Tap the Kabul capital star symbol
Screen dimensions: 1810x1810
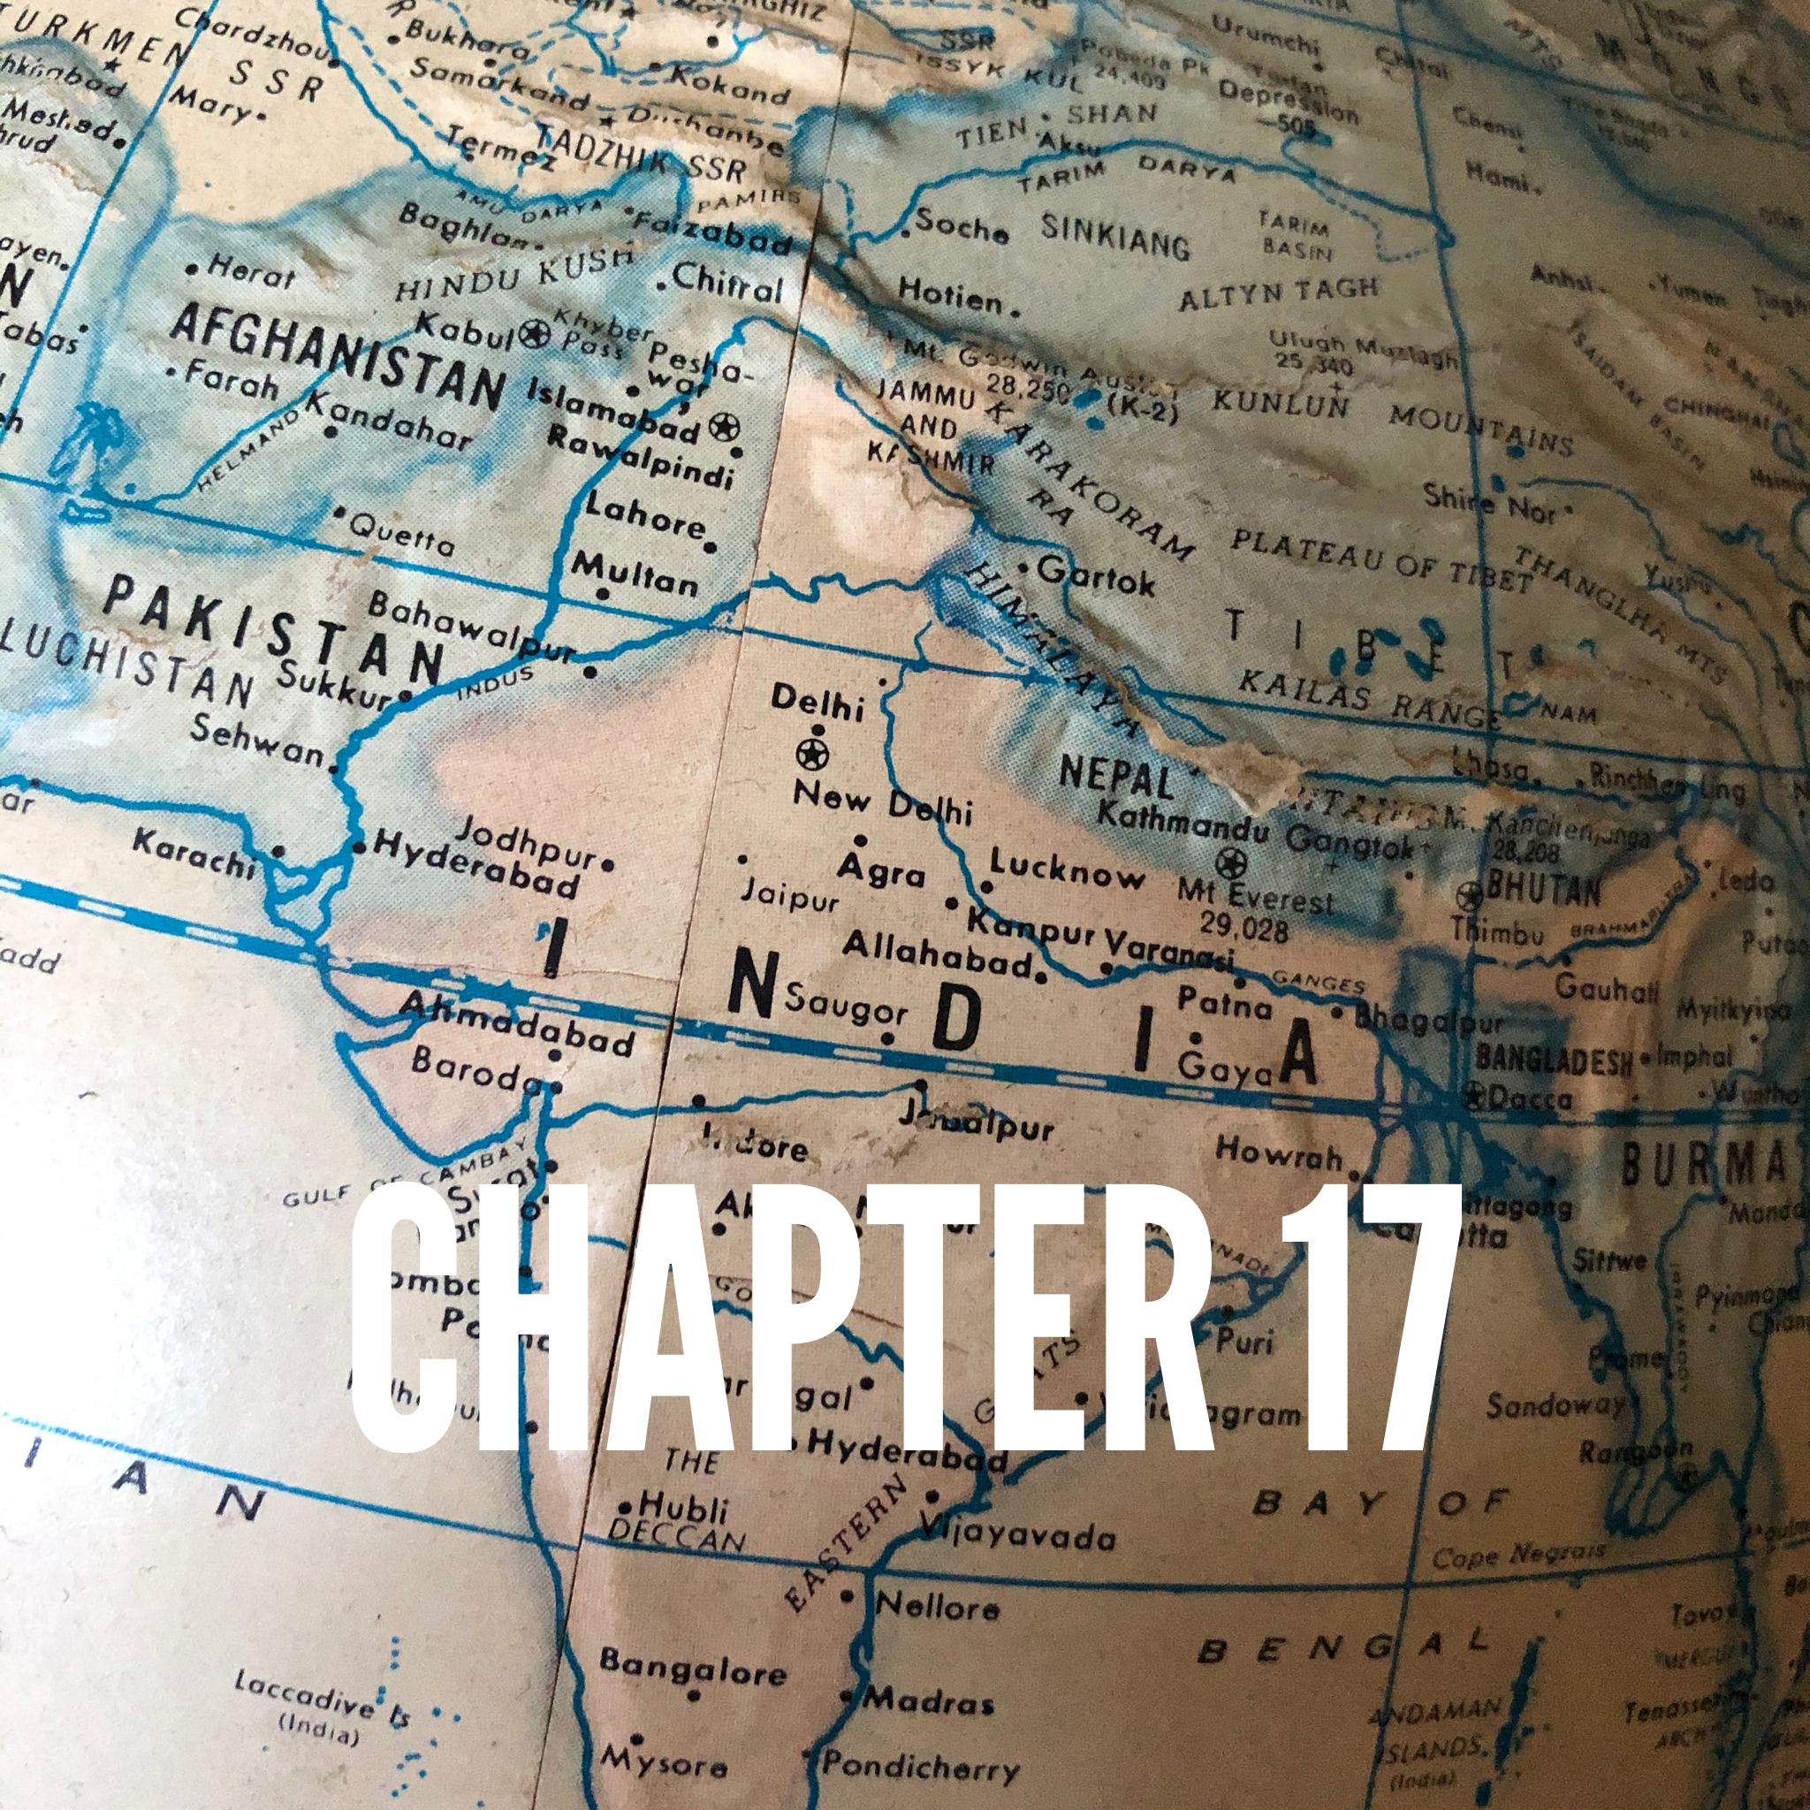pos(535,332)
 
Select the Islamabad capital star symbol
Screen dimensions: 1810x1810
pos(723,427)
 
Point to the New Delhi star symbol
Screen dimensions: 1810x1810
pos(811,752)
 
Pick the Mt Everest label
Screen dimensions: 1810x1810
pos(1255,895)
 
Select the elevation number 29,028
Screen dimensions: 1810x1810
pos(1244,926)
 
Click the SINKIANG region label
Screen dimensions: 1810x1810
pos(1114,234)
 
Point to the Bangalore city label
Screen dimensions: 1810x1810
pos(693,1667)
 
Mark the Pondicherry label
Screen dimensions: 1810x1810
pos(920,1765)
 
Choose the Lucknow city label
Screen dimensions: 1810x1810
pos(1067,871)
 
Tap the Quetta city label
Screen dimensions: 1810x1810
pos(402,536)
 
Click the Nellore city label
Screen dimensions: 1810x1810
pos(937,1607)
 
